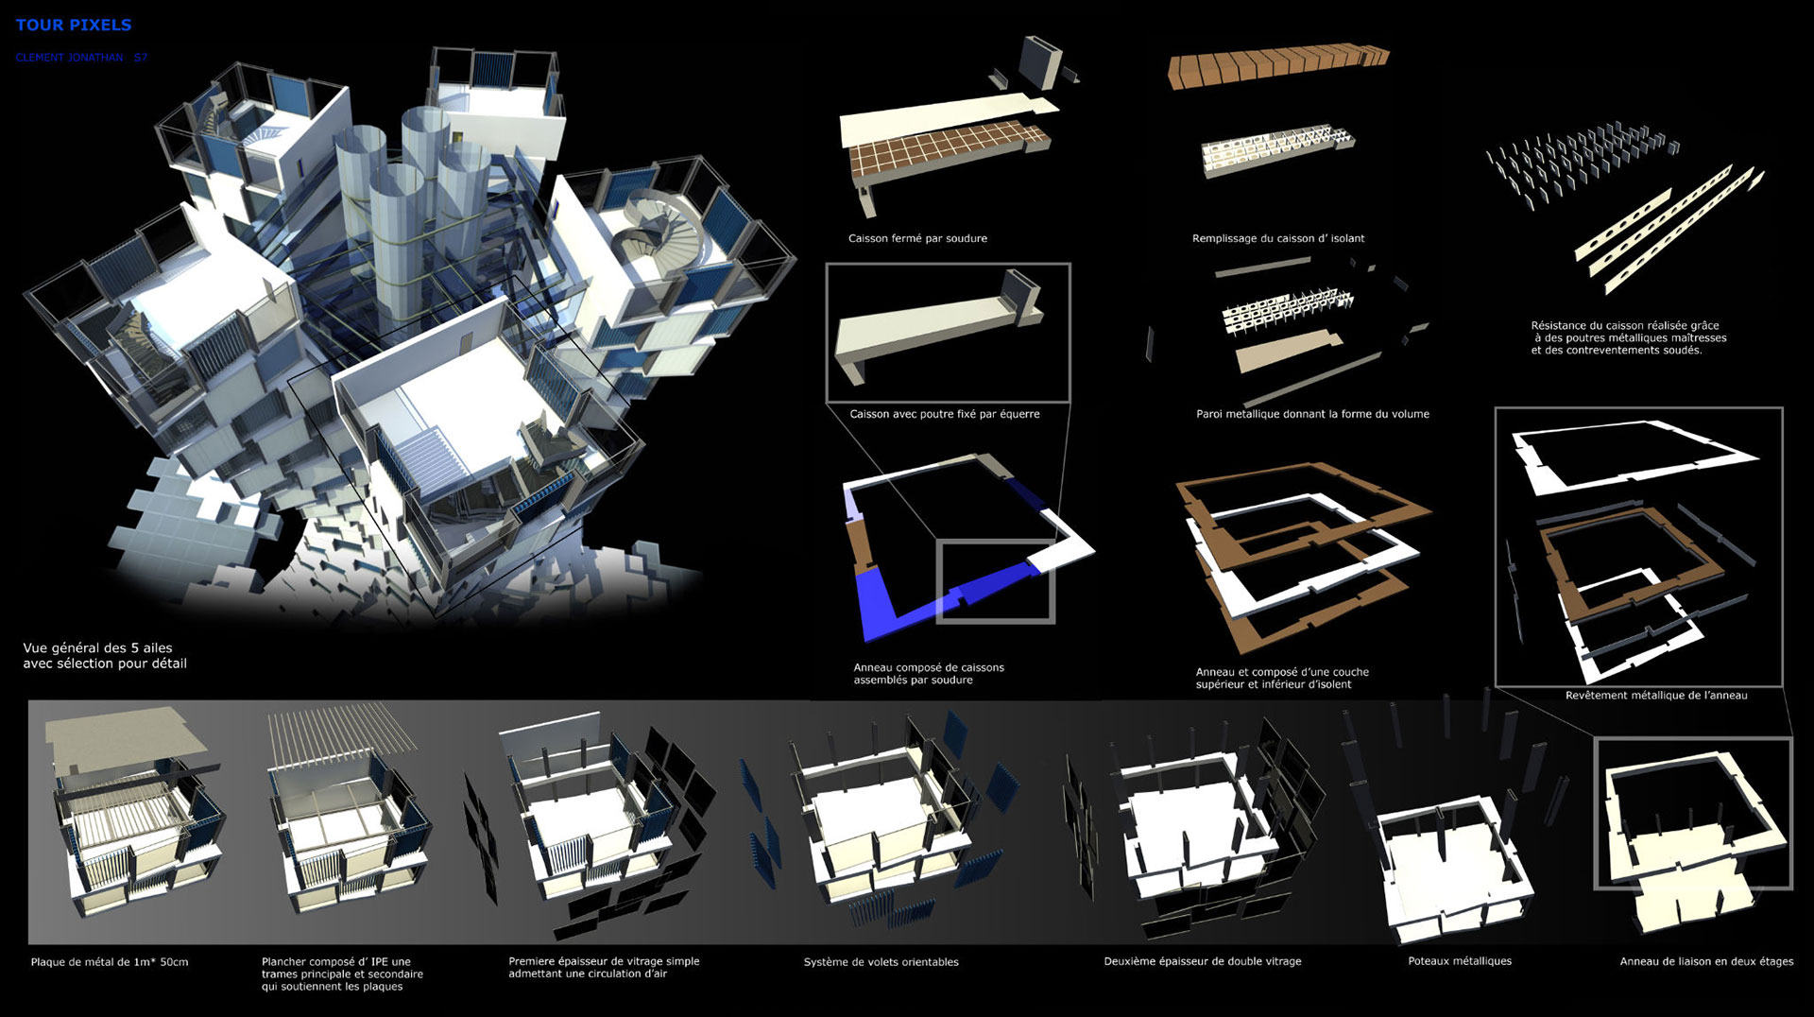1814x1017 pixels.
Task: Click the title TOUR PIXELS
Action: coord(74,25)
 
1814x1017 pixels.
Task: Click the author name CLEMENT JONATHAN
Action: coord(69,58)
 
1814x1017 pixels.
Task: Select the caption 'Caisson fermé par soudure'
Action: coord(917,238)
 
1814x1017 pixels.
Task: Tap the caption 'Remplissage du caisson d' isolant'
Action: coord(1278,238)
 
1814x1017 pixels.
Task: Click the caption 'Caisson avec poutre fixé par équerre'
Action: coord(945,414)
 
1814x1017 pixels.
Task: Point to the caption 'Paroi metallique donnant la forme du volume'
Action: coord(1312,414)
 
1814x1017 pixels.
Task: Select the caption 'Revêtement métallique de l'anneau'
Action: coord(1656,696)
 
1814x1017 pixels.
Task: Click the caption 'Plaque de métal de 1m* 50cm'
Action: coord(110,962)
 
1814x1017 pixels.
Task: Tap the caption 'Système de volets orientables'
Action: coord(881,962)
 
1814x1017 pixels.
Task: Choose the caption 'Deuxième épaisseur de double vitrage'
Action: coord(1203,961)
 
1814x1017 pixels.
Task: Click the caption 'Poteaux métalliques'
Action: coord(1460,961)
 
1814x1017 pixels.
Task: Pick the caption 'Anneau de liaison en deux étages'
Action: coord(1706,961)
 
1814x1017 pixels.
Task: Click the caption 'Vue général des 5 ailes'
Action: coord(98,648)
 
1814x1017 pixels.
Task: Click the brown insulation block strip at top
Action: coord(1278,68)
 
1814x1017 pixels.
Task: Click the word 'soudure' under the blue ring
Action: coord(951,680)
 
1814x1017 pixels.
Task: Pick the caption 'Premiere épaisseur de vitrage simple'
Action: coord(604,961)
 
